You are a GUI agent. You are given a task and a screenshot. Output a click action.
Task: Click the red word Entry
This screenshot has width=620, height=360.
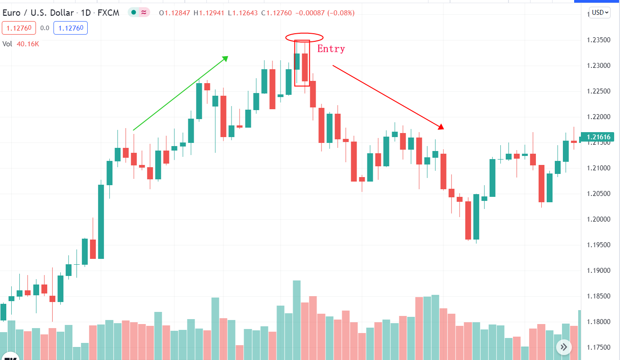[331, 49]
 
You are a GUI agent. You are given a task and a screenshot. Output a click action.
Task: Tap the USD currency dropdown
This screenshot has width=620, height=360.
[600, 13]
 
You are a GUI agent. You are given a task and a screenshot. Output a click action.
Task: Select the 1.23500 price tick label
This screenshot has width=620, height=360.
[598, 40]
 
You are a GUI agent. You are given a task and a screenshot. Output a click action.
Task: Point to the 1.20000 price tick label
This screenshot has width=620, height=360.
[598, 219]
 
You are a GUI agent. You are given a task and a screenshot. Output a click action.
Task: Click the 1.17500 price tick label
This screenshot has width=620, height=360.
[598, 347]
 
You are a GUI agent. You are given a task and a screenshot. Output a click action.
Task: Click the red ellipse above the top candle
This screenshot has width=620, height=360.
[304, 37]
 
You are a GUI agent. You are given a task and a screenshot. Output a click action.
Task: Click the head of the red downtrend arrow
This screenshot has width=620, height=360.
[442, 127]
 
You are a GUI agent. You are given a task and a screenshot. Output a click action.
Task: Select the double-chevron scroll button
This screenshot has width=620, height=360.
[564, 347]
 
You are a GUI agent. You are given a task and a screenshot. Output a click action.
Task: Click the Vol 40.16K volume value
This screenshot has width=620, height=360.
[28, 44]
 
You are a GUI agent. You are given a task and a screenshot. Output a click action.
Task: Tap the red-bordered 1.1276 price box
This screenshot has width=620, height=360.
[18, 28]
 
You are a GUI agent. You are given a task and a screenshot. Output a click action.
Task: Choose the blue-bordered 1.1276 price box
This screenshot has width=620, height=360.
[71, 28]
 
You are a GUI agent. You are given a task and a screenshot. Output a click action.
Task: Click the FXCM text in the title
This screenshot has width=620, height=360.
[108, 13]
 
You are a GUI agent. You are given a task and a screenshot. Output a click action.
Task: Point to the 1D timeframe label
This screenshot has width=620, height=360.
[85, 13]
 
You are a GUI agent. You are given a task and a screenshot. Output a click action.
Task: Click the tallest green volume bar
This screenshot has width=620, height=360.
[297, 319]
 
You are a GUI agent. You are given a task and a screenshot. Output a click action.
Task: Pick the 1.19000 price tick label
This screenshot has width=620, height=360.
[598, 271]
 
